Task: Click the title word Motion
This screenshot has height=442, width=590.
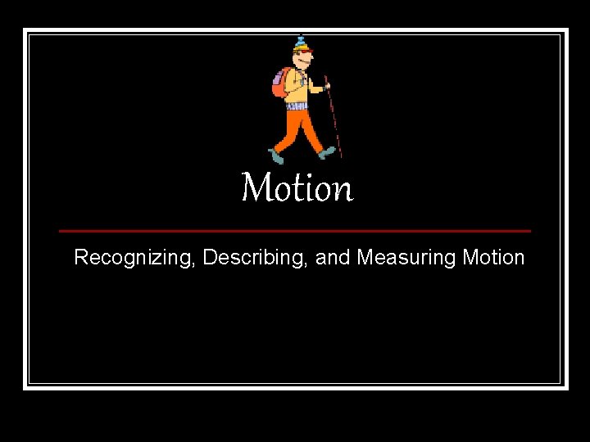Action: click(x=297, y=188)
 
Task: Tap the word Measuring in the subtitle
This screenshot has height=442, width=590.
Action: click(x=406, y=258)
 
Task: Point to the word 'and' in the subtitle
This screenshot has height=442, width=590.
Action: click(x=333, y=258)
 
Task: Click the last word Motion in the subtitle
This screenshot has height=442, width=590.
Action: click(x=493, y=258)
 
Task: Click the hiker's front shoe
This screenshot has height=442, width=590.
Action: click(x=328, y=151)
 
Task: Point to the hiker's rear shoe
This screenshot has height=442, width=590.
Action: click(x=276, y=156)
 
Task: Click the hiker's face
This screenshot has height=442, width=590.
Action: click(x=304, y=61)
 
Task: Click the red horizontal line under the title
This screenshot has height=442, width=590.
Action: click(x=295, y=231)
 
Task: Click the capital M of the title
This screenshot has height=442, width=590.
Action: click(x=256, y=188)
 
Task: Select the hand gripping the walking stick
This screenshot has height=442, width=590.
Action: click(x=326, y=84)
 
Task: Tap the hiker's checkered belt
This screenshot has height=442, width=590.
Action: click(x=297, y=106)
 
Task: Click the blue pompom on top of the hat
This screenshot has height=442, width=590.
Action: click(x=301, y=37)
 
